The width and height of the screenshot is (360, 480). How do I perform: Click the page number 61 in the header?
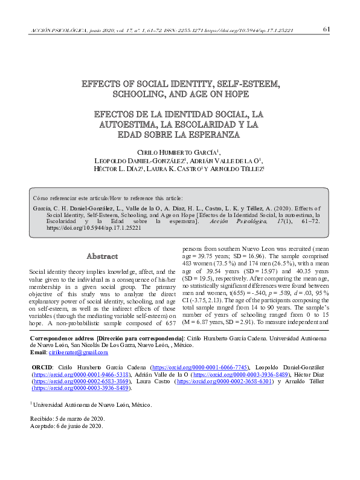326,28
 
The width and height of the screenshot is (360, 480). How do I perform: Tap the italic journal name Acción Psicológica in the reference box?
237,222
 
